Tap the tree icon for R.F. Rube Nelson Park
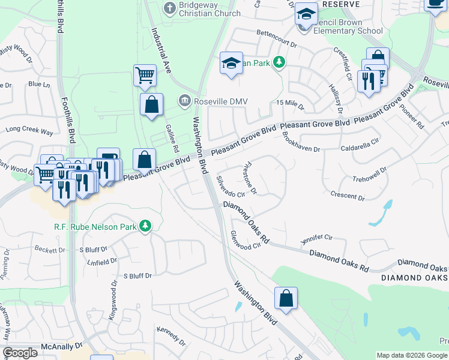[145, 226]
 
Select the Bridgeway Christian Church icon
[170, 8]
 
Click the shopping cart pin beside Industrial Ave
[145, 76]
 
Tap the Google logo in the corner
[20, 353]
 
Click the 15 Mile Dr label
[291, 104]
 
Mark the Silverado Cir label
[231, 187]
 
